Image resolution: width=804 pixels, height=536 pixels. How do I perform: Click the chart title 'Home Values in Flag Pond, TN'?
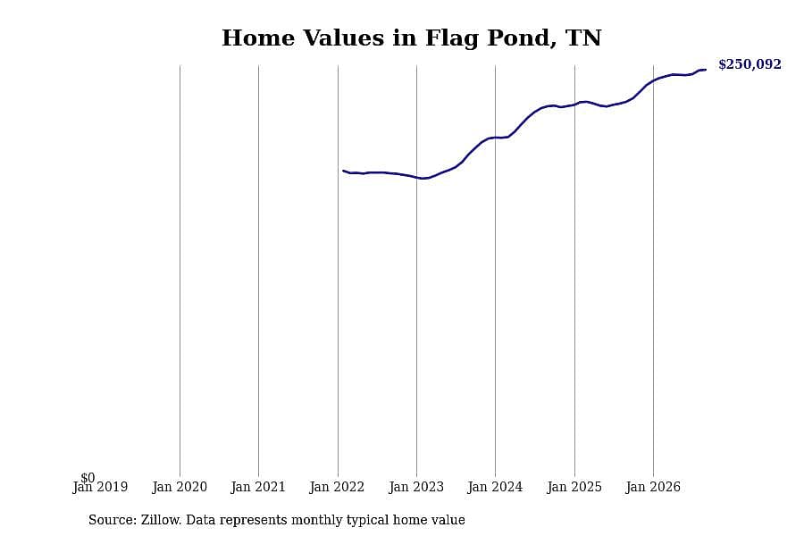point(411,38)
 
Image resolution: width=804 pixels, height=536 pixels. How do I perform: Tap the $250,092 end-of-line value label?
point(750,64)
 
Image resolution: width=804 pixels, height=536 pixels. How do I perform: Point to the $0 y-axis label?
point(88,478)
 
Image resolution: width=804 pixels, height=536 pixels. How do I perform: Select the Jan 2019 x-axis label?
point(100,487)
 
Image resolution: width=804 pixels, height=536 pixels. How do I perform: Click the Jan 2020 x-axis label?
point(180,487)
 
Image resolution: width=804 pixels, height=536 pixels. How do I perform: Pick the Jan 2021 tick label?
point(258,487)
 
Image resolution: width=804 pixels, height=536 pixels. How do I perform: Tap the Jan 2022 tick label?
point(337,487)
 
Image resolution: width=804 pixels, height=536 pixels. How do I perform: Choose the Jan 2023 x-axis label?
point(416,487)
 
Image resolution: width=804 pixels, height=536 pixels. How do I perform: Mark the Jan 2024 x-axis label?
point(495,487)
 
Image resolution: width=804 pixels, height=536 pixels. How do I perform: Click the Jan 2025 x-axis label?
point(574,487)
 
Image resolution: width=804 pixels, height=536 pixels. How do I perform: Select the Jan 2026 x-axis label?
point(653,487)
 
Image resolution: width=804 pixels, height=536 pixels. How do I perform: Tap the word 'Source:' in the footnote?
point(113,520)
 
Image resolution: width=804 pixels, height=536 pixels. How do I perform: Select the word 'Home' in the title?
point(258,38)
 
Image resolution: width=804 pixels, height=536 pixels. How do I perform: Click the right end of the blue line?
point(706,70)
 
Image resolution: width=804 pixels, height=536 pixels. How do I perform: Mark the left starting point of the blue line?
point(343,171)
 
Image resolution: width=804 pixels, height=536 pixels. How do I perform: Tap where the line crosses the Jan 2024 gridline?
point(495,138)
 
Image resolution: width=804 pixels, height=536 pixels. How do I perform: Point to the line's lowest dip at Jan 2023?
point(423,179)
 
